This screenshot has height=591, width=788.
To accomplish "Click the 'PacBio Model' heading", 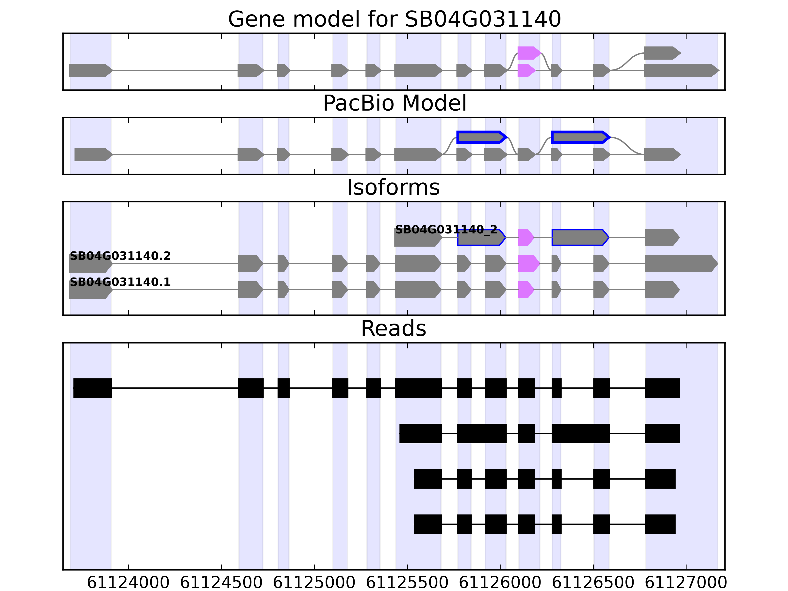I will [394, 103].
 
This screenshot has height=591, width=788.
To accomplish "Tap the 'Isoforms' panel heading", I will [393, 187].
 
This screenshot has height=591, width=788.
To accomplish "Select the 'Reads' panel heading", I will [393, 328].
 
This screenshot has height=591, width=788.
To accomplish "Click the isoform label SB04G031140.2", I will [120, 256].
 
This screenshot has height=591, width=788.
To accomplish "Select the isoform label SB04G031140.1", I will [120, 282].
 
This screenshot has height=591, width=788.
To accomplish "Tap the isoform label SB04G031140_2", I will [446, 230].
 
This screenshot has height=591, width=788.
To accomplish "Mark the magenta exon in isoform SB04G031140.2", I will [528, 264].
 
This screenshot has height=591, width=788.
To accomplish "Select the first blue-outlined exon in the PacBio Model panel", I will [481, 137].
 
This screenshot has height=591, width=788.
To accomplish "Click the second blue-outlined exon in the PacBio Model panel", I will [580, 137].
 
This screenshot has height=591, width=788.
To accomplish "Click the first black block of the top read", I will [93, 388].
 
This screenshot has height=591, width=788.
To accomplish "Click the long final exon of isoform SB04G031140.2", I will [680, 264].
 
